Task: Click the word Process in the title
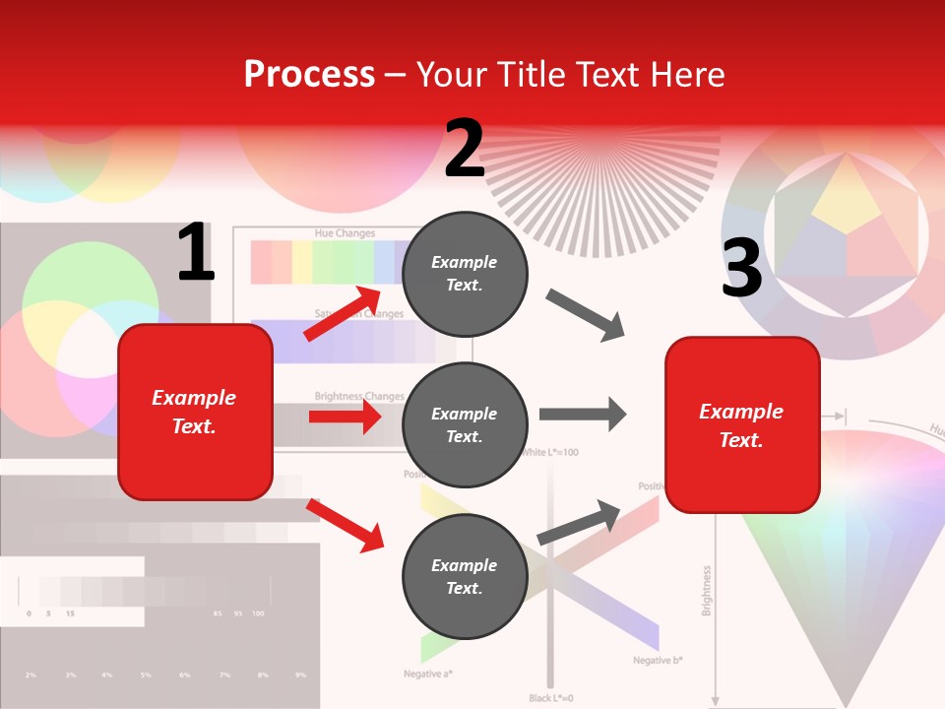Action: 309,75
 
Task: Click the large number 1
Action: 195,253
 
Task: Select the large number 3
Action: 741,268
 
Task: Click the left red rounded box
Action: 195,412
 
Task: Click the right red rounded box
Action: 742,424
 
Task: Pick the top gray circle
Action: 465,274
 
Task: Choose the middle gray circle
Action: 465,424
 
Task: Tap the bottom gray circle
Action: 465,576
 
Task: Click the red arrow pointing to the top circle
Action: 345,313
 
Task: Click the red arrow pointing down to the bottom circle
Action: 345,525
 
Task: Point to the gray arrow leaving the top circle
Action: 586,315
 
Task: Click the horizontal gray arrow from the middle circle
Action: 583,414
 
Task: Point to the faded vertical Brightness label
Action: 706,591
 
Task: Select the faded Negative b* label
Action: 658,660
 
